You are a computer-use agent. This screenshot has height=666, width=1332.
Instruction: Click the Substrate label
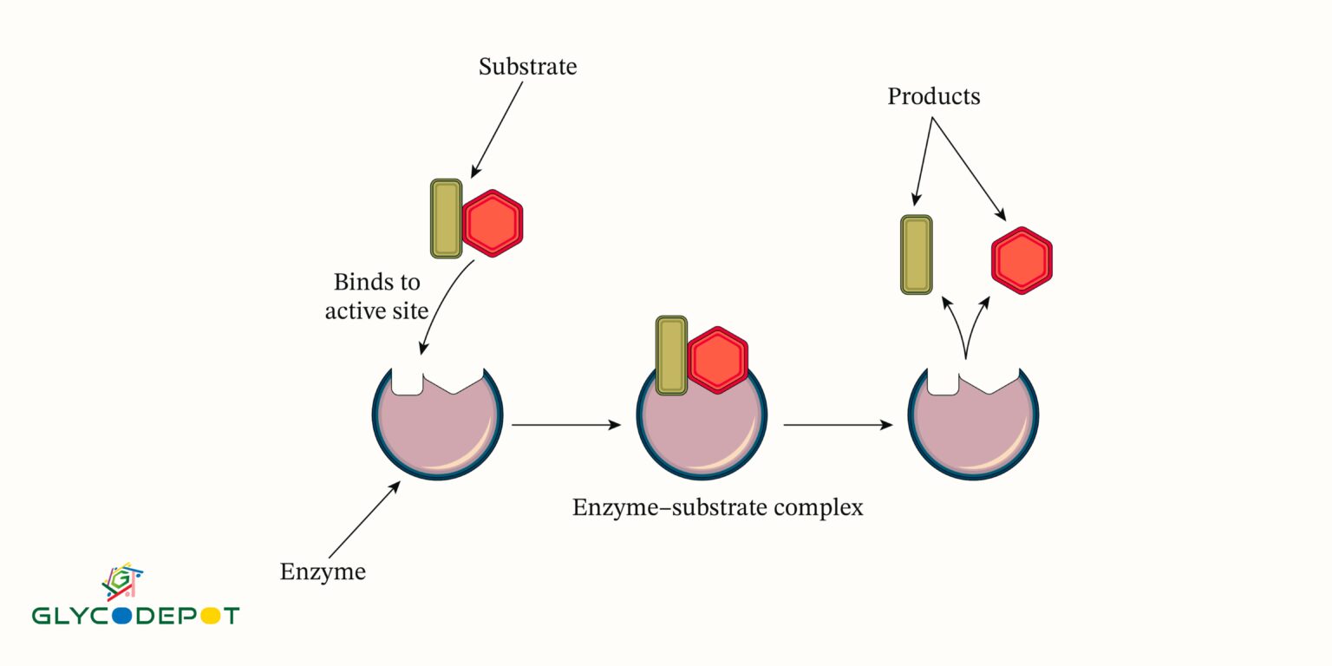527,67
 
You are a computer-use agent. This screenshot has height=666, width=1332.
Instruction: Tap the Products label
933,96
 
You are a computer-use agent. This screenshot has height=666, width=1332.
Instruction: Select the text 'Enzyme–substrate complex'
717,507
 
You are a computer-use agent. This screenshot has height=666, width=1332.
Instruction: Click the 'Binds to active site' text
376,296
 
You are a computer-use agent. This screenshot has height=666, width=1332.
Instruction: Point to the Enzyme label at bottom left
323,572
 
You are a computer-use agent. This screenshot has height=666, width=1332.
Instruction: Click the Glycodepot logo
135,597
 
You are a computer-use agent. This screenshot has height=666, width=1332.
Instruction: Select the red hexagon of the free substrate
493,223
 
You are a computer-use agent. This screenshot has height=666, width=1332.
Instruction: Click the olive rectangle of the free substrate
447,219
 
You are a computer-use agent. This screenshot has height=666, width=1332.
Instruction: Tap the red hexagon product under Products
1022,260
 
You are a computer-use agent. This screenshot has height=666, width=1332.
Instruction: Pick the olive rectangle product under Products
917,254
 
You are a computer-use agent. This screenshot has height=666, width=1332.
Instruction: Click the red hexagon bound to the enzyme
717,360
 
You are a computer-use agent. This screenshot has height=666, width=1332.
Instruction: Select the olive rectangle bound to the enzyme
671,356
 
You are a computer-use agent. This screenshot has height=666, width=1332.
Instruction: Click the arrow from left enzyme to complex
566,425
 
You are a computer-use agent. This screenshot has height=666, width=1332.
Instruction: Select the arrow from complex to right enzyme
838,425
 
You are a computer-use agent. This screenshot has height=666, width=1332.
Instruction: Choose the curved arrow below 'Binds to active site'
440,304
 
